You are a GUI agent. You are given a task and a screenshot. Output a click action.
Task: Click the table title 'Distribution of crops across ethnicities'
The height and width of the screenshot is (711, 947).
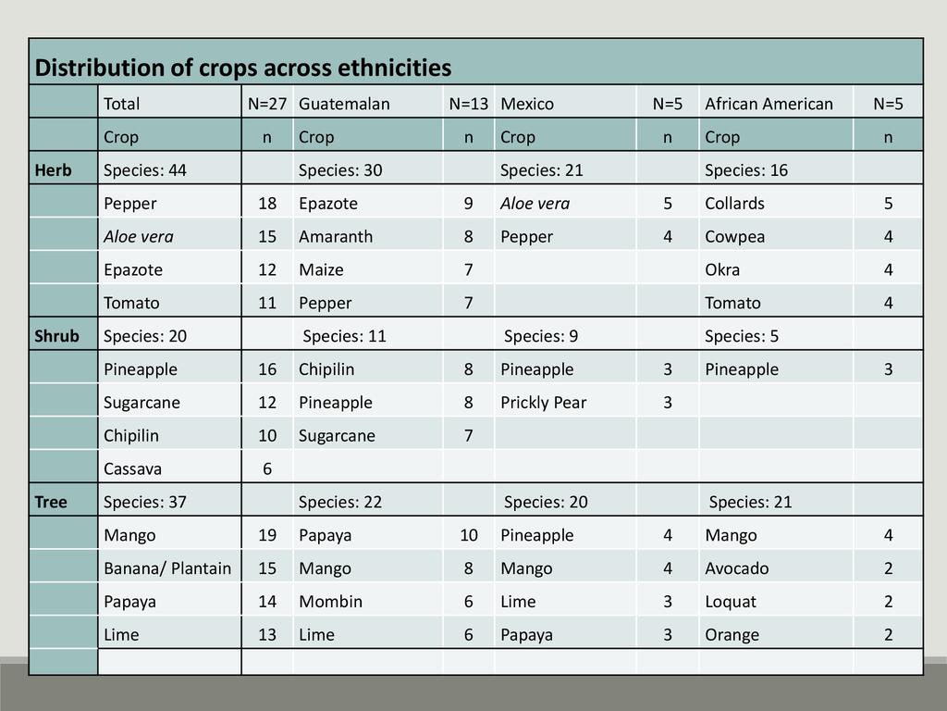pos(243,68)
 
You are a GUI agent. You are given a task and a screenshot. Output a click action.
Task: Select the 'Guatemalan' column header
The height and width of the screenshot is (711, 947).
pos(344,104)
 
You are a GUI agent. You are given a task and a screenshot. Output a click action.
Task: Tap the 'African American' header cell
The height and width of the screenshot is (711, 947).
pos(769,104)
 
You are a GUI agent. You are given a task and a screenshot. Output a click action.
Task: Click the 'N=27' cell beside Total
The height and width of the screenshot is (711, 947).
pos(266,104)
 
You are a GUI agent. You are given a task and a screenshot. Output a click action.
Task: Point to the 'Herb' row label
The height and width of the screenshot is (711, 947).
pos(53,170)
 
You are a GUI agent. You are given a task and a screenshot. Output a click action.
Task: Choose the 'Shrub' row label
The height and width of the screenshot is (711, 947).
pos(56,336)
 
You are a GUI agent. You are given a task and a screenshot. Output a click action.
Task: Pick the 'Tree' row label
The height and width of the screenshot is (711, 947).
pos(51,502)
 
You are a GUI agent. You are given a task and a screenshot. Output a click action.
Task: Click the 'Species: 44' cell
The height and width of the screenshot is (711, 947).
pos(145,170)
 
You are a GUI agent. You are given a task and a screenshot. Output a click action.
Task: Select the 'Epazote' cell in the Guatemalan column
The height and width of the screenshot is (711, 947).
pos(327,204)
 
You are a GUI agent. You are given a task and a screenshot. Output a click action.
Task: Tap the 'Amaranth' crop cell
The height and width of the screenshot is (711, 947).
pos(336,237)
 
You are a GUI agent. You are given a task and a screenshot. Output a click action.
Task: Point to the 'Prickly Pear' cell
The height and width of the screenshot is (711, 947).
pos(543,403)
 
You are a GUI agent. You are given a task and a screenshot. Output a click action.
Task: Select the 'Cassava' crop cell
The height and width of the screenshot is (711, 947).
pos(132,469)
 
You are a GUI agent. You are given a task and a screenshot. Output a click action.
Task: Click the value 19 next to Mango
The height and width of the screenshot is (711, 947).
pos(267,535)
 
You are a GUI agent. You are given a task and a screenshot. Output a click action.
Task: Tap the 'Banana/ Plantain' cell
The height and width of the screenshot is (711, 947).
pos(167,568)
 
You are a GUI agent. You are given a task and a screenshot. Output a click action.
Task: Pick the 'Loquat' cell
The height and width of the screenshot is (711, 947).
pos(730,602)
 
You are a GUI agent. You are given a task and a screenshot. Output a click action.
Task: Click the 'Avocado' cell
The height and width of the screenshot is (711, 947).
pos(736,568)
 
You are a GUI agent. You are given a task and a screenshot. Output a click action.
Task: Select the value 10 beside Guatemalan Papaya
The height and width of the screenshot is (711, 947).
pos(469,535)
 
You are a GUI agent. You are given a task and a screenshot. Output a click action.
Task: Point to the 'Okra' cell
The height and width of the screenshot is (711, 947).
pos(722,270)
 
